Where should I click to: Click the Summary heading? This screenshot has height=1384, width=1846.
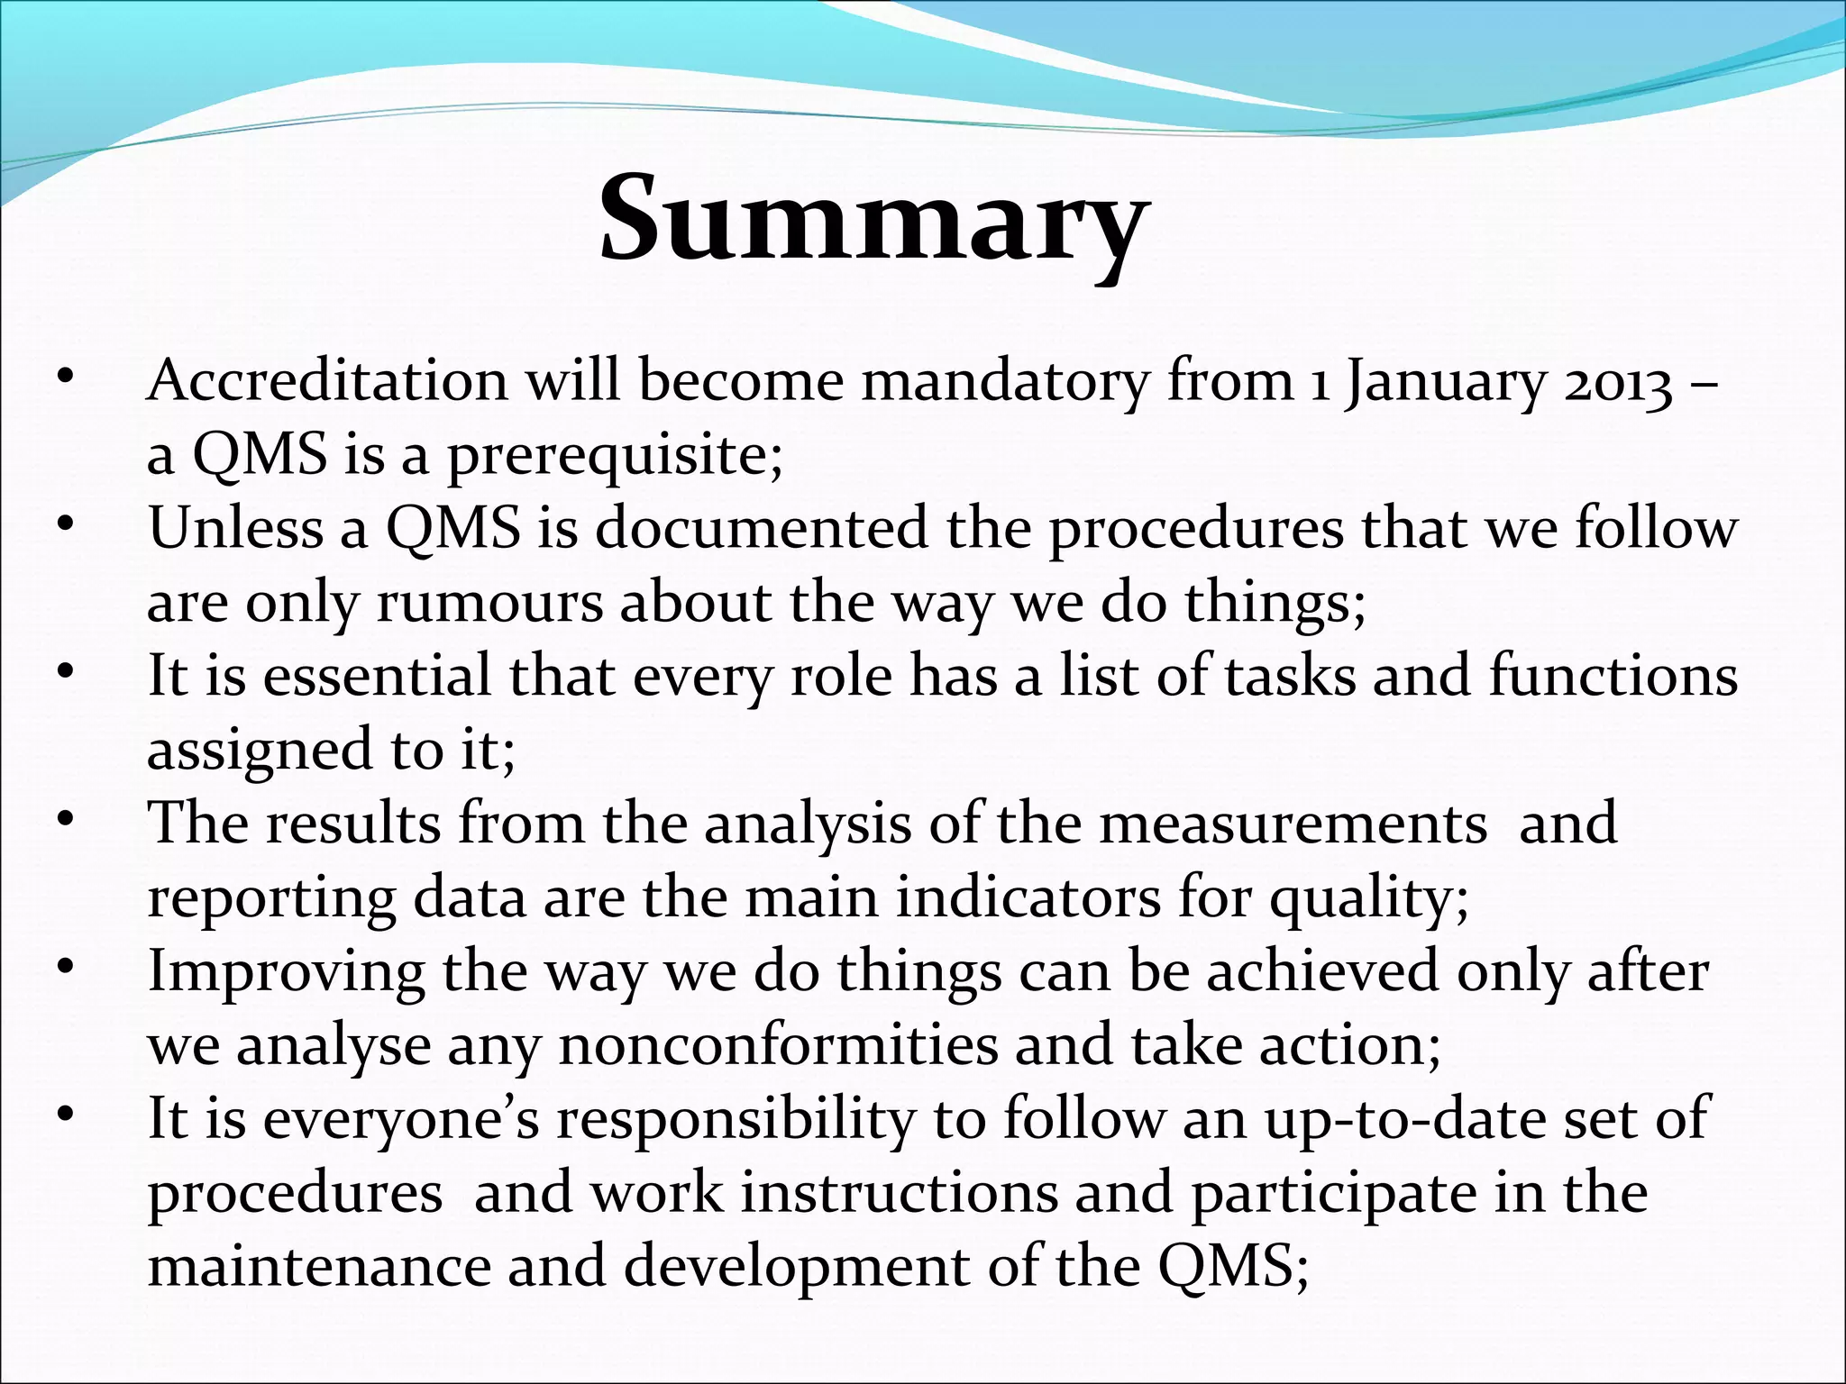click(873, 222)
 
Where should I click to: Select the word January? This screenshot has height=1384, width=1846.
click(1443, 383)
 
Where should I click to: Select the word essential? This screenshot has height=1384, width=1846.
click(377, 676)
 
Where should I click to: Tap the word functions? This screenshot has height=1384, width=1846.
click(1613, 676)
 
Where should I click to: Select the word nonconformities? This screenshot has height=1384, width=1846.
click(778, 1046)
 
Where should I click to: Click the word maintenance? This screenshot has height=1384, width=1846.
click(316, 1267)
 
